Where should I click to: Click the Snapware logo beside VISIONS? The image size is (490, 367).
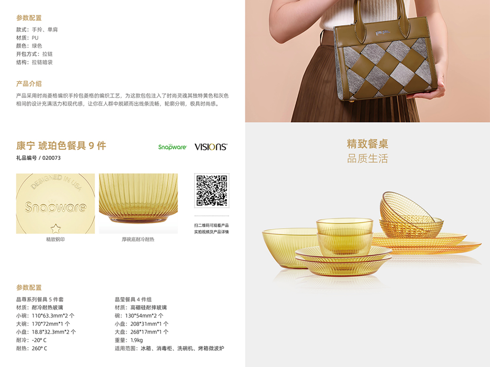172,147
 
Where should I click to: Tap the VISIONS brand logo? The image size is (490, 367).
211,147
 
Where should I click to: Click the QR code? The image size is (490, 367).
211,190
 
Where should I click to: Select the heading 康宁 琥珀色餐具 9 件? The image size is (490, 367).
61,145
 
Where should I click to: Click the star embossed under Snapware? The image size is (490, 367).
56,229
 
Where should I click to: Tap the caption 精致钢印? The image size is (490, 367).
55,239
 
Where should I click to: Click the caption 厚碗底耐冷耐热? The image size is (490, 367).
138,239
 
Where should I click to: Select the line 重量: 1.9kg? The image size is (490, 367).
129,340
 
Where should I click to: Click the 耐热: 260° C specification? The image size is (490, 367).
32,348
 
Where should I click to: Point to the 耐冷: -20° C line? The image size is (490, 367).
31,340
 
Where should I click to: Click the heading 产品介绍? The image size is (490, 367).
29,84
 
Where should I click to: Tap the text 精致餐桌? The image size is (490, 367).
367,143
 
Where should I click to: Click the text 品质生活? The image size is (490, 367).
367,158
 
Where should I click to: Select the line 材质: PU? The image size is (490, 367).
27,38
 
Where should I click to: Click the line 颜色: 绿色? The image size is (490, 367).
29,46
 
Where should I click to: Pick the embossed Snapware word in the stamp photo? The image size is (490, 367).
55,207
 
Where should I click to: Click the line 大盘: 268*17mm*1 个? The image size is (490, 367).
142,332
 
